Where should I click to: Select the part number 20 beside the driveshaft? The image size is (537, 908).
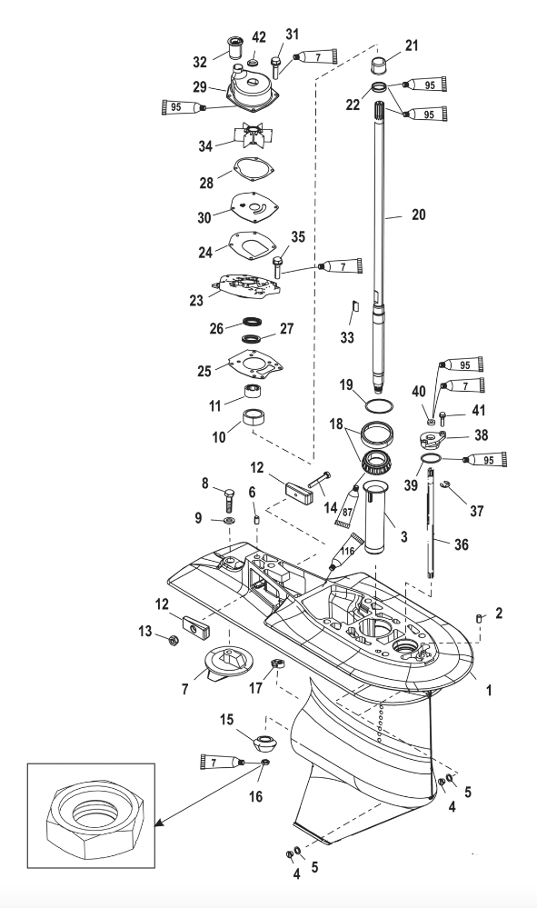[x=418, y=215]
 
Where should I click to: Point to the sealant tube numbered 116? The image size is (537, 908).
[x=344, y=553]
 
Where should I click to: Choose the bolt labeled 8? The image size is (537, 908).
[x=229, y=500]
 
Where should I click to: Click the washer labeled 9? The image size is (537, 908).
[x=230, y=521]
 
